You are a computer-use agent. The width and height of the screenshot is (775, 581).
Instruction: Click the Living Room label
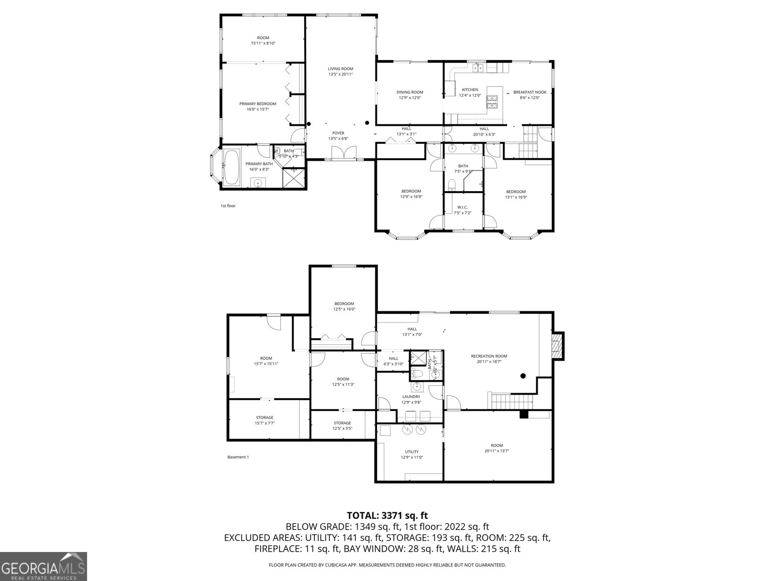point(341,69)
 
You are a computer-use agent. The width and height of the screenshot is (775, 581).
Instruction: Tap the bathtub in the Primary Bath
point(231,167)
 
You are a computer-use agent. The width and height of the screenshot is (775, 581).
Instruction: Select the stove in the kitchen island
point(492,101)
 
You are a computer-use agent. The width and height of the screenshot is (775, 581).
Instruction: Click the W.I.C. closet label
point(462,207)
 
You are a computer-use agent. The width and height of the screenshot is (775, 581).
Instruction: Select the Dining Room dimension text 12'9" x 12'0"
point(410,98)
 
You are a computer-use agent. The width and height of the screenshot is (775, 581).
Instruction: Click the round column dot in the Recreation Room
point(523,376)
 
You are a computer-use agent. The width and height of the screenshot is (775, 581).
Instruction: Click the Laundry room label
point(411,397)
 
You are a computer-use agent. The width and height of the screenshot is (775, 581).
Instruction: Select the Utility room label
point(412,452)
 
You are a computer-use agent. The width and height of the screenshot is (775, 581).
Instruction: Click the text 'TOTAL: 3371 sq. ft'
point(387,516)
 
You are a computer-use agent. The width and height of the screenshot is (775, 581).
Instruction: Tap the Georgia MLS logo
point(43,566)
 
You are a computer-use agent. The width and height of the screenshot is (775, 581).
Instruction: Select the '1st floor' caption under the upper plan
point(228,206)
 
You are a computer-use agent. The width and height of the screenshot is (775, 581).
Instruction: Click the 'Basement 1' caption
point(238,457)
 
